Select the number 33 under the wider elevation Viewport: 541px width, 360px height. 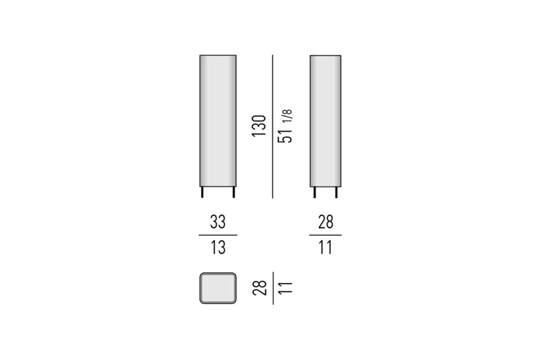click(218, 222)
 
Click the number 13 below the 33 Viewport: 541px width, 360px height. click(218, 248)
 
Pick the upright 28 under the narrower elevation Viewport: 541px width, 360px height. click(325, 222)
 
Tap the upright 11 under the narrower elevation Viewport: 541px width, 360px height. click(325, 248)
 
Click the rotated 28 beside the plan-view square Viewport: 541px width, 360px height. click(259, 288)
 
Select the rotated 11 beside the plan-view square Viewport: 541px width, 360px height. click(285, 288)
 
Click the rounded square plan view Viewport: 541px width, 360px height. click(218, 288)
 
